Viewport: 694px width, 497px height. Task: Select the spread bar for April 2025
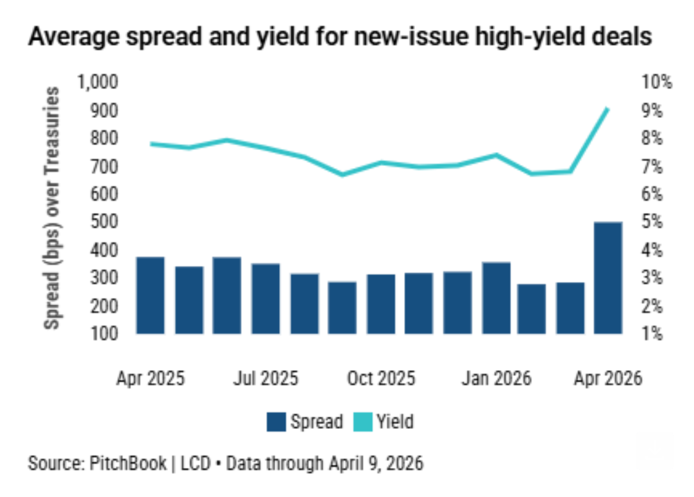150,295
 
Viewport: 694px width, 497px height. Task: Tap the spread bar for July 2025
265,298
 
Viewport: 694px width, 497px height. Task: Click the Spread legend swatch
276,421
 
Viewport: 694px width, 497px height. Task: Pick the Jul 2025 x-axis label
265,378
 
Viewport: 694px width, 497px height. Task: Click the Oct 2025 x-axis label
381,378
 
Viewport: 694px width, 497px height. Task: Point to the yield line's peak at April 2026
608,109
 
